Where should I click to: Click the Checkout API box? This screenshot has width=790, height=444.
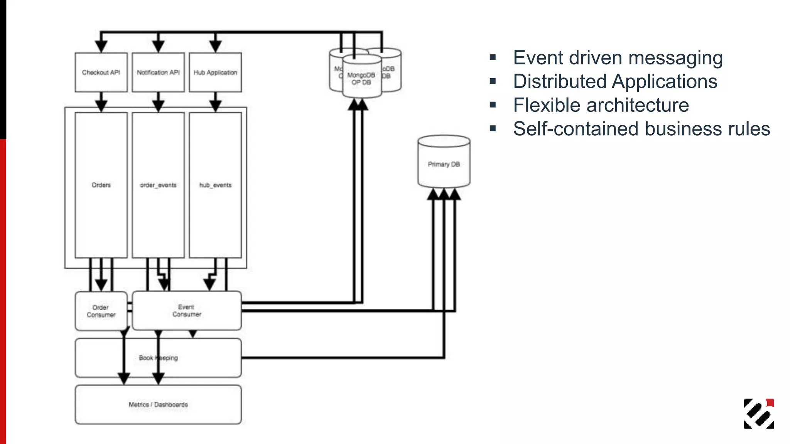(101, 72)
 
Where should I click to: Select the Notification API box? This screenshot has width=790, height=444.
(158, 72)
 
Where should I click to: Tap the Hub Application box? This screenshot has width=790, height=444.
(215, 72)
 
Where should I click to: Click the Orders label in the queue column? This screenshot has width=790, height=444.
(101, 185)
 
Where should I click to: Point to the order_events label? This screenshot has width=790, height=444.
(158, 185)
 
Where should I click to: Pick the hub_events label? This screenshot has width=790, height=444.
(215, 185)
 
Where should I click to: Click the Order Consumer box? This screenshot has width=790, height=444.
(101, 311)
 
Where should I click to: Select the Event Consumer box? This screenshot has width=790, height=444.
(187, 311)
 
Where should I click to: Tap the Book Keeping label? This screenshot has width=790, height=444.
(158, 358)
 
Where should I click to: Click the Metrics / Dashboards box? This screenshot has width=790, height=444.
(158, 405)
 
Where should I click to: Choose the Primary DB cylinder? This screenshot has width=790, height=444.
(444, 164)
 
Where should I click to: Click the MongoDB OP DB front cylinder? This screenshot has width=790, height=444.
(361, 79)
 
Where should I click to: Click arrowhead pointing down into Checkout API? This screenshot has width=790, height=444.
(101, 46)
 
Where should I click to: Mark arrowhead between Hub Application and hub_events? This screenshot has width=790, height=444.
(215, 105)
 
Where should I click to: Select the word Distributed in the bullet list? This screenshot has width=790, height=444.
(559, 82)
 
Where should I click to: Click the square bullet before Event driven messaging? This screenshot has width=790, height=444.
(493, 58)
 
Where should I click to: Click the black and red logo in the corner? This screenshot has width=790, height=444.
(758, 414)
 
